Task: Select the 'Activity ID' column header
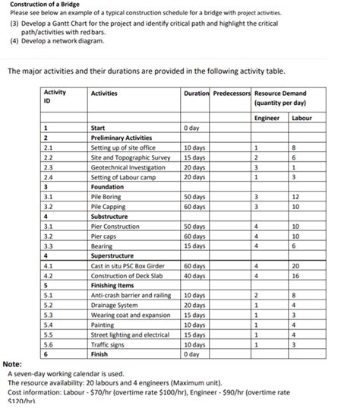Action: [x=55, y=97]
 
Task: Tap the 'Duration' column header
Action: [x=195, y=93]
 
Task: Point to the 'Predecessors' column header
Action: [x=232, y=93]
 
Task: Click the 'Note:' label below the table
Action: [x=12, y=364]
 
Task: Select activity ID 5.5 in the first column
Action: [x=49, y=334]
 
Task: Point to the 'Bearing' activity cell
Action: [x=102, y=246]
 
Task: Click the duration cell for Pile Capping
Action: [x=195, y=206]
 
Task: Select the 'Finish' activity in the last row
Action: [x=99, y=353]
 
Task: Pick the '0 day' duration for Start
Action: [x=193, y=128]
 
